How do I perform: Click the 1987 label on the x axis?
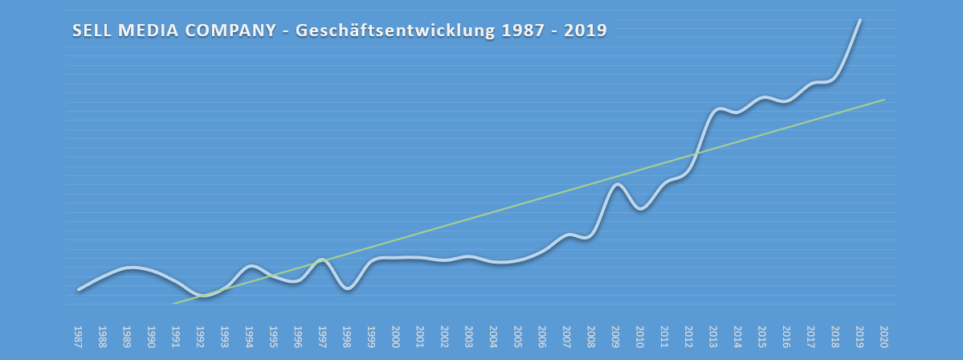coord(78,334)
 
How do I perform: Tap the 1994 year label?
coord(249,334)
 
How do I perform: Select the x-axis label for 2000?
coord(396,334)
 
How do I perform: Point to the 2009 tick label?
coord(616,334)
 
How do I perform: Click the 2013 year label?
coord(713,334)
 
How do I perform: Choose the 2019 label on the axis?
coord(860,334)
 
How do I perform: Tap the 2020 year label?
coord(884,334)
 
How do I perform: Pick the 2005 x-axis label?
coord(518,334)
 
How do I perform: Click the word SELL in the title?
coord(92,31)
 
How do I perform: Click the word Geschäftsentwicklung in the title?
coord(397,31)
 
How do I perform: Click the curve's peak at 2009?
coord(617,184)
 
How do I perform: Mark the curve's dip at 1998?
coord(347,288)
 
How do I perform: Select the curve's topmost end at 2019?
coord(860,20)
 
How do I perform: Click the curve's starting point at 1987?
coord(78,289)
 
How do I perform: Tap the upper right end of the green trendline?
coord(884,100)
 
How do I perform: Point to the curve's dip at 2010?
coord(640,209)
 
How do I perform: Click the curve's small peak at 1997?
coord(322,260)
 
